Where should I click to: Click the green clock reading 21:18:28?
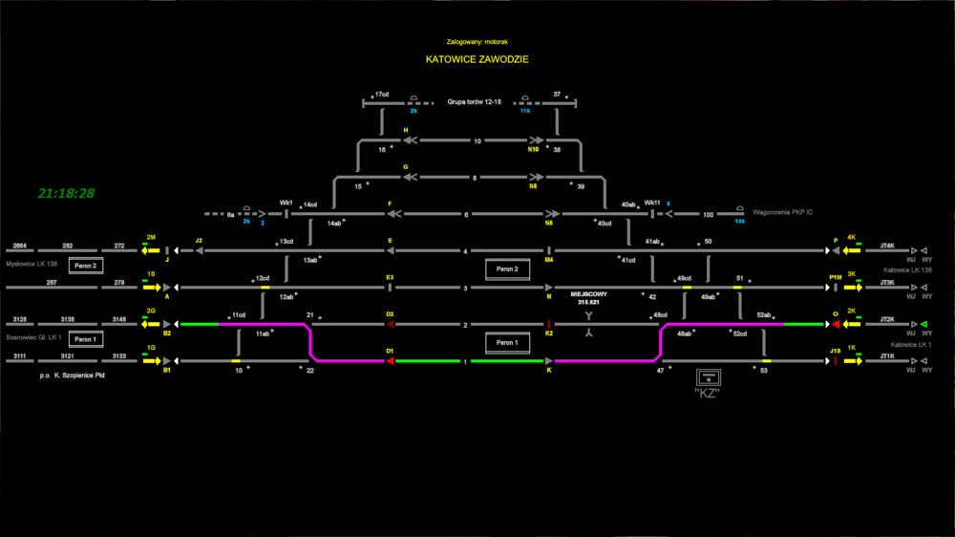pyautogui.click(x=66, y=194)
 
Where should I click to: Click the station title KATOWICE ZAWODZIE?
pyautogui.click(x=477, y=59)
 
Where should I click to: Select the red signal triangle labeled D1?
pyautogui.click(x=390, y=361)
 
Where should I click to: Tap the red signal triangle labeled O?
pyautogui.click(x=836, y=324)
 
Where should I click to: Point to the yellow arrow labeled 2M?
pyautogui.click(x=150, y=250)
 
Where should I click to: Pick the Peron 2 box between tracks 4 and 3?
pyautogui.click(x=506, y=268)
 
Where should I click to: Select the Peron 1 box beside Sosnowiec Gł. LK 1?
pyautogui.click(x=85, y=339)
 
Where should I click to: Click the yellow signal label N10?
pyautogui.click(x=533, y=150)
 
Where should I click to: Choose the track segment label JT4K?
pyautogui.click(x=887, y=246)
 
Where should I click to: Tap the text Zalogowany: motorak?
pyautogui.click(x=477, y=41)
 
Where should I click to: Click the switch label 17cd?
pyautogui.click(x=381, y=95)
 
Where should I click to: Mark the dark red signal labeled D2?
pyautogui.click(x=390, y=324)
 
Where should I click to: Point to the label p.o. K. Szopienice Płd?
pyautogui.click(x=72, y=377)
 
